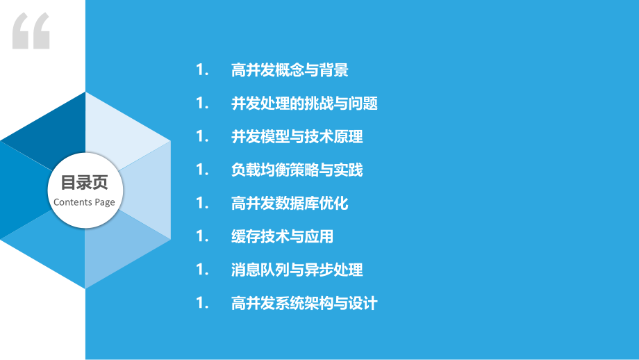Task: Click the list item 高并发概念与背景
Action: click(x=289, y=70)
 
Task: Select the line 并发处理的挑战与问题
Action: click(x=304, y=104)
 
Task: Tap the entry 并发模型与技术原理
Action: click(x=297, y=137)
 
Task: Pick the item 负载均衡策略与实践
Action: click(x=297, y=170)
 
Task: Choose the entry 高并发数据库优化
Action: click(x=289, y=204)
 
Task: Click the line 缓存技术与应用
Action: click(x=282, y=237)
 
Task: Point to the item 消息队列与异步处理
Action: click(x=297, y=270)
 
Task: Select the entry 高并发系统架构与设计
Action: click(x=304, y=303)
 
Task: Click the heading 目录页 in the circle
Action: click(x=85, y=183)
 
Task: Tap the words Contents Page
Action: click(x=85, y=202)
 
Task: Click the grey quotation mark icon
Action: click(x=31, y=31)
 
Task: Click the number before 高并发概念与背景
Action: click(x=202, y=70)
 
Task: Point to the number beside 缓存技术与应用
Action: click(x=202, y=237)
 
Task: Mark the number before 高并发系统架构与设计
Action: click(x=202, y=303)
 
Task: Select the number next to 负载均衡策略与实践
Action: click(x=202, y=170)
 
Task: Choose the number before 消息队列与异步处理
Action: click(x=202, y=270)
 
